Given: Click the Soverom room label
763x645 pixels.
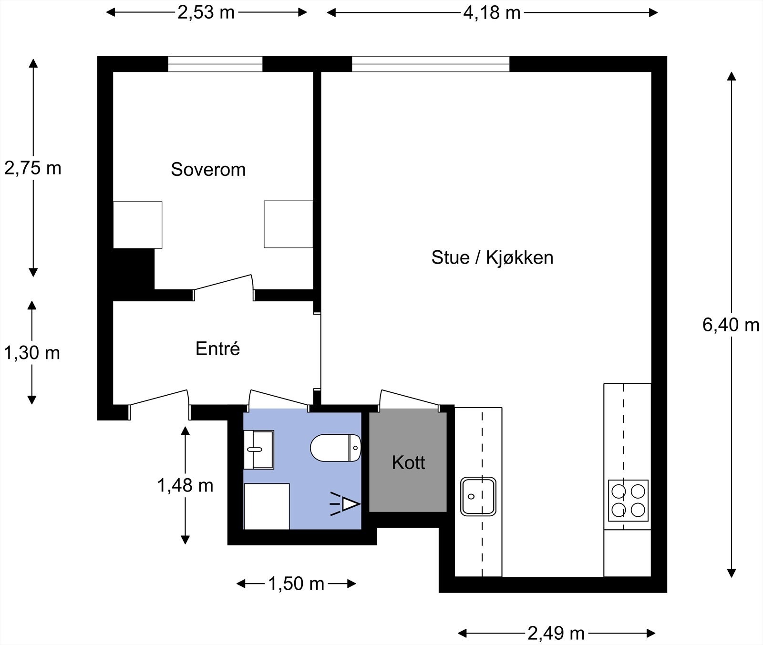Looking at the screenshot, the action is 208,169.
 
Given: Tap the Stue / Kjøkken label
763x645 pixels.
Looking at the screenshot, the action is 492,257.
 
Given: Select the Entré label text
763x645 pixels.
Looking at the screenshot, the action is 217,348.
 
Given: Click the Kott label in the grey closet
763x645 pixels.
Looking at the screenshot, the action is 408,462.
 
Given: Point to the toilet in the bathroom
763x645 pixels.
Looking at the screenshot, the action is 336,448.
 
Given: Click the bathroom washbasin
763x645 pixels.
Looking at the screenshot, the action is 258,450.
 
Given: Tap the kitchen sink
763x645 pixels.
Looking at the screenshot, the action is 478,496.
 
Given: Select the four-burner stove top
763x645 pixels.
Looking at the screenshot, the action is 628,500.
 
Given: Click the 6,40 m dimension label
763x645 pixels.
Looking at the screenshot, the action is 731,325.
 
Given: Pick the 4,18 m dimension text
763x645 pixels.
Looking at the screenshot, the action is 492,12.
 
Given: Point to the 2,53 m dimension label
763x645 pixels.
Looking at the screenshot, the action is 206,12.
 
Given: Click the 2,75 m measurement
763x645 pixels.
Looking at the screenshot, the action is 33,168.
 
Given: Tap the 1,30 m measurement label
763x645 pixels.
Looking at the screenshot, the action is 32,353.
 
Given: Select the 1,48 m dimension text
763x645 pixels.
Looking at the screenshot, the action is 185,485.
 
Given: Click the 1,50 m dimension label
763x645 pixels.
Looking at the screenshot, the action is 296,584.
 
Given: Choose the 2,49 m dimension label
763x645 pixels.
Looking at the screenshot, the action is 556,633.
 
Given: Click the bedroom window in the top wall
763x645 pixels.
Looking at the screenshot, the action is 215,64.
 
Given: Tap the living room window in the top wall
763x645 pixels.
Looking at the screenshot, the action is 431,64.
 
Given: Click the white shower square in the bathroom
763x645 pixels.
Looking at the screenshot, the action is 267,506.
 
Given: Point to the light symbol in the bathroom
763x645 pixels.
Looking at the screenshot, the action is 345,504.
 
